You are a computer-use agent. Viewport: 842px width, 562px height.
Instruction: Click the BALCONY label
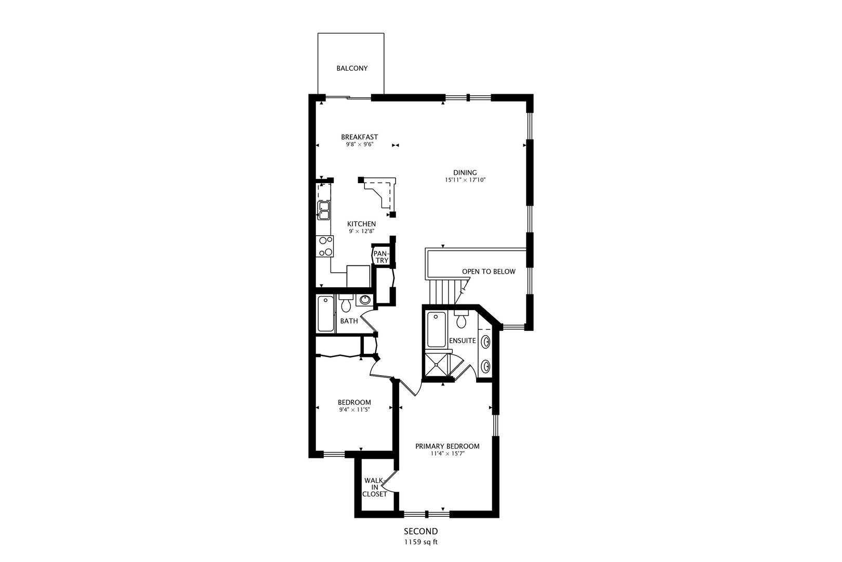click(x=352, y=68)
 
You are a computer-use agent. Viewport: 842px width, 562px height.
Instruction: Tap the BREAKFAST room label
click(x=359, y=137)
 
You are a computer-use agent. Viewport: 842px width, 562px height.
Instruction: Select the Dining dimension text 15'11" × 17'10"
click(x=465, y=180)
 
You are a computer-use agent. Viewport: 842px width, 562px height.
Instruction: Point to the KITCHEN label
click(x=361, y=224)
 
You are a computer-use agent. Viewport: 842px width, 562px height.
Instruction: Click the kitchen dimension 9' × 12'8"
click(x=361, y=231)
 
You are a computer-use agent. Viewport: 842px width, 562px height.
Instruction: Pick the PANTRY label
click(x=381, y=257)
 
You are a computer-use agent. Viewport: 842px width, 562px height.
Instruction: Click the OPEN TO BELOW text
click(x=489, y=272)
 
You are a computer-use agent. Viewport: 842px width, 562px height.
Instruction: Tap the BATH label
click(x=349, y=321)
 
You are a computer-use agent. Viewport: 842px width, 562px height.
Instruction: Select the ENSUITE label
click(x=463, y=341)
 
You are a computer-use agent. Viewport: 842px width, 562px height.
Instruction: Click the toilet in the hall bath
click(x=346, y=303)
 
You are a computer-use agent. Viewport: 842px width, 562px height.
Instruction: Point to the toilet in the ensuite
click(x=461, y=319)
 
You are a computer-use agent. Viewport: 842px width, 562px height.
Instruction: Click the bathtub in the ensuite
click(x=437, y=329)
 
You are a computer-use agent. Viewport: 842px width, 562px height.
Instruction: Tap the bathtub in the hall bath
click(x=325, y=314)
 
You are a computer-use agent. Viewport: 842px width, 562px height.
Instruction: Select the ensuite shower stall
click(x=437, y=364)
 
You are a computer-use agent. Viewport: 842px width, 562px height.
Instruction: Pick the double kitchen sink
click(x=324, y=211)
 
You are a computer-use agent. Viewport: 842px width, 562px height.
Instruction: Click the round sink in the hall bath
click(x=365, y=300)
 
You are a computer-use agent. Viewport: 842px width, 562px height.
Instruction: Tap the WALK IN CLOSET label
click(x=374, y=488)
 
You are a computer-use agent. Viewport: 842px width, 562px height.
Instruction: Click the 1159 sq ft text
click(x=421, y=542)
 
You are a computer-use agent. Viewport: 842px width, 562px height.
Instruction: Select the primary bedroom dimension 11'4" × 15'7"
click(x=448, y=454)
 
